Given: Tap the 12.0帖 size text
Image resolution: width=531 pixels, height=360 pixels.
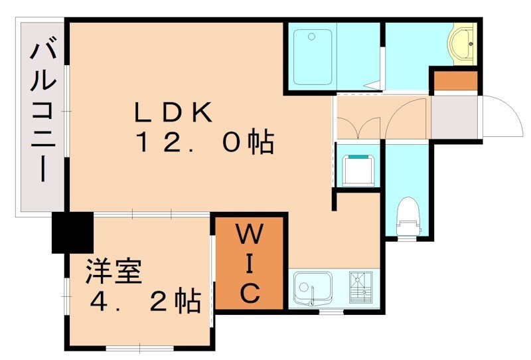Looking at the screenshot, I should pyautogui.click(x=206, y=142).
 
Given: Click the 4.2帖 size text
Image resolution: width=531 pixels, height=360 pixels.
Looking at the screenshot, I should pyautogui.click(x=145, y=302).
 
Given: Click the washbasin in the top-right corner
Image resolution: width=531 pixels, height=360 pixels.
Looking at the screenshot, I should pyautogui.click(x=463, y=44).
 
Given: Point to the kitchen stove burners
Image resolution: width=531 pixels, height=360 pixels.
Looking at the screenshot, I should pyautogui.click(x=360, y=287).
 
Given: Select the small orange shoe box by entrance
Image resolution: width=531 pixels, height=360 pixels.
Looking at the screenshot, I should pyautogui.click(x=455, y=81).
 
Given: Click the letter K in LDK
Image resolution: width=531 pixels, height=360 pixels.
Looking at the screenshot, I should pyautogui.click(x=202, y=114).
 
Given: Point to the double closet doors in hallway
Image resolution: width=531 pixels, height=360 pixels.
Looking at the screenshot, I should pyautogui.click(x=359, y=120).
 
